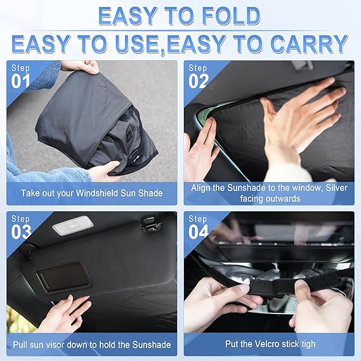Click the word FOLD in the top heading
231,16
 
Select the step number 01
21,81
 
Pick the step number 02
199,81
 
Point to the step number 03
21,232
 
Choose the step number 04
199,232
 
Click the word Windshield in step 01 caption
97,193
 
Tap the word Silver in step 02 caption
336,188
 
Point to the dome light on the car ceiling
73,225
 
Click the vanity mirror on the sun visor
63,276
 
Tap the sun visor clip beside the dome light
150,223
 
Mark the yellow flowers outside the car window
16,319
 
